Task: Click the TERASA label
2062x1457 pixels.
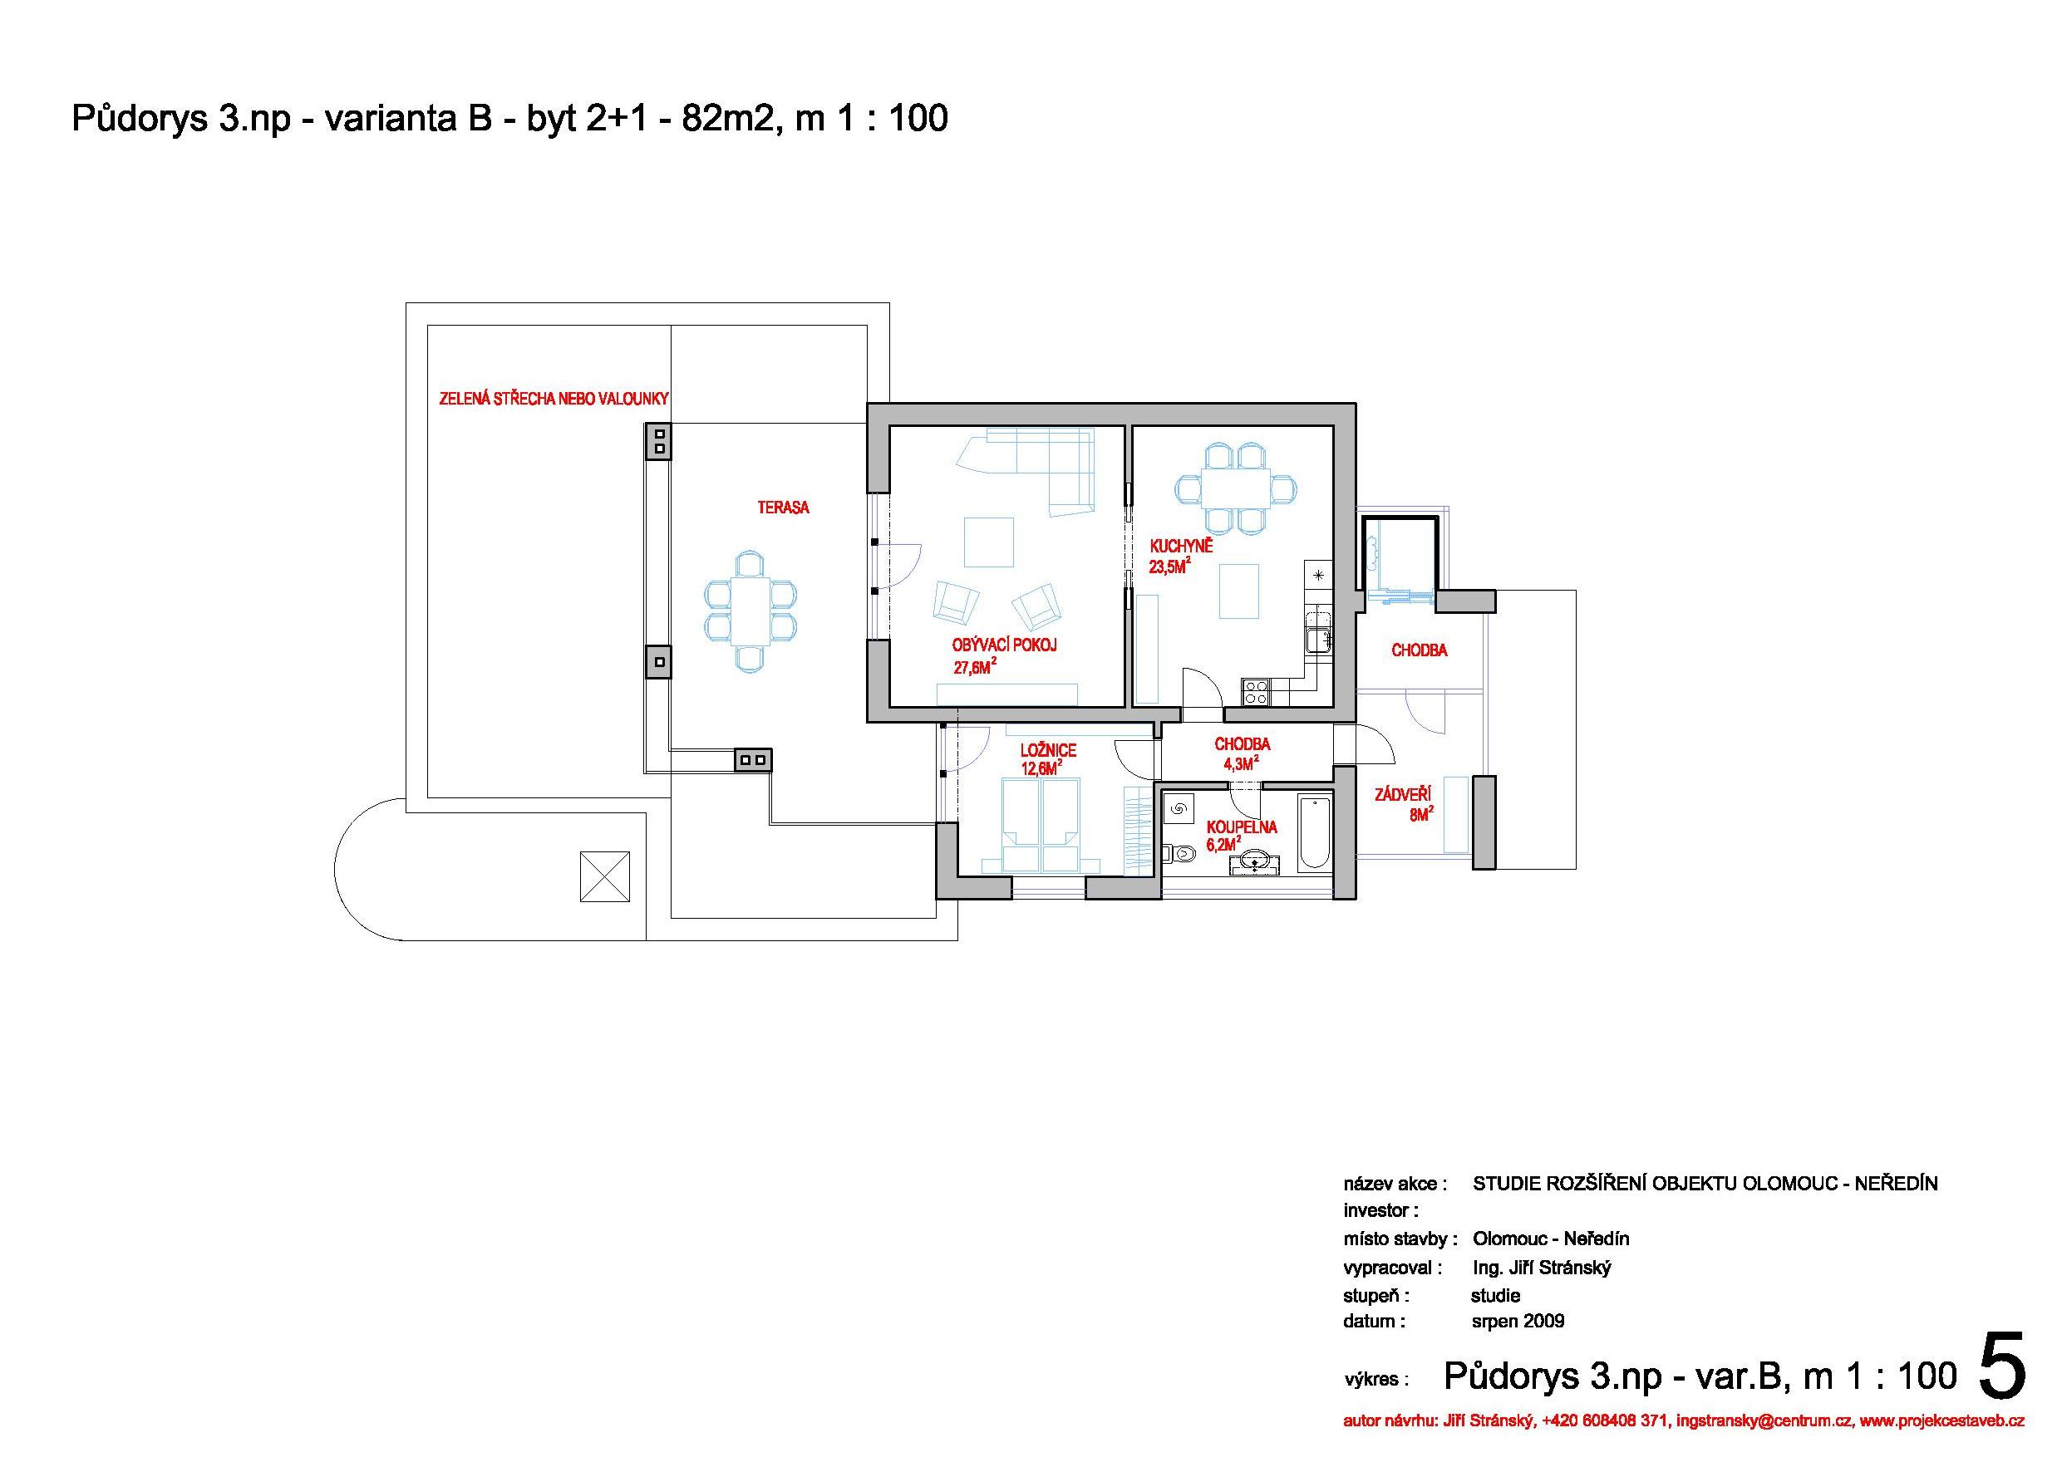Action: (x=783, y=508)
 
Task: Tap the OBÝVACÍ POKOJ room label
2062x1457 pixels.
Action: (x=1005, y=645)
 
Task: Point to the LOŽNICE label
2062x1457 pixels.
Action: (x=1048, y=750)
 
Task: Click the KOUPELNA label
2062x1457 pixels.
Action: (x=1241, y=827)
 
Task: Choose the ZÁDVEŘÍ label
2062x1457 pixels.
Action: (x=1403, y=793)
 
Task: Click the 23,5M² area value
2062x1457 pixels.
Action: (x=1170, y=567)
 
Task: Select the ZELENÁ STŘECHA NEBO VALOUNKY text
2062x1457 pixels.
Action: (x=554, y=400)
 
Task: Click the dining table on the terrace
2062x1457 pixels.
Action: (x=750, y=611)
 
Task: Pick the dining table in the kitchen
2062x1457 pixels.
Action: (x=1236, y=489)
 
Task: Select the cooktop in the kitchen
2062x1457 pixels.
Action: (x=1256, y=692)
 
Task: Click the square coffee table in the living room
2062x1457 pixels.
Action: (x=989, y=542)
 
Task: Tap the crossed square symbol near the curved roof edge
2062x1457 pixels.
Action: (x=604, y=876)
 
